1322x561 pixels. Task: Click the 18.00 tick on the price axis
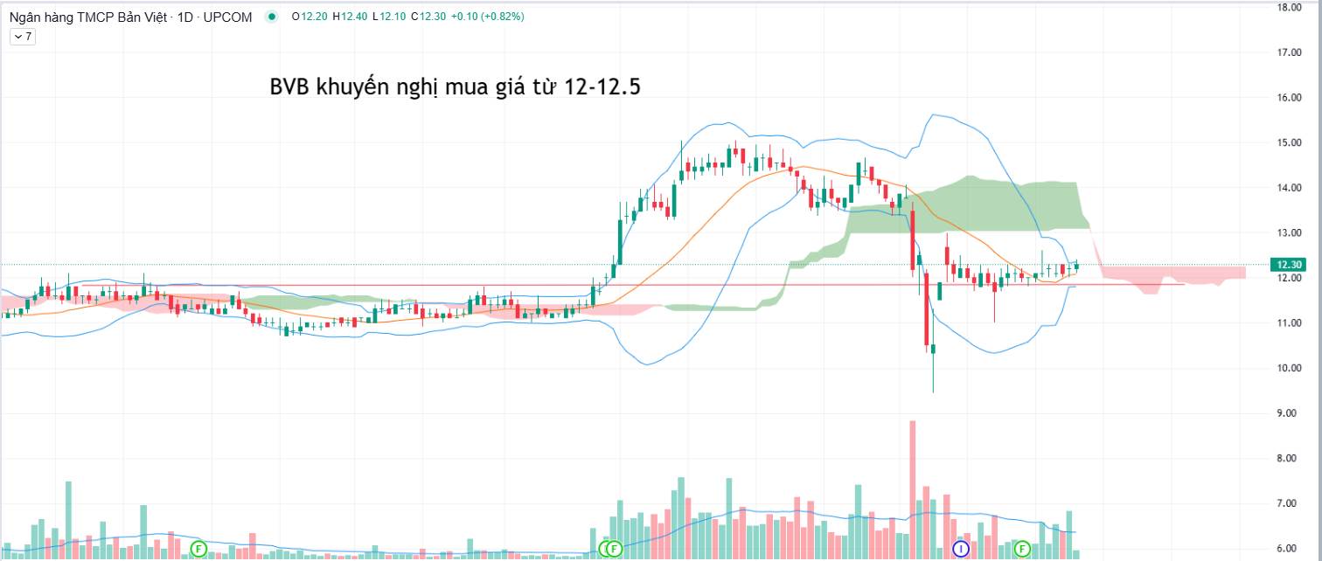click(x=1290, y=7)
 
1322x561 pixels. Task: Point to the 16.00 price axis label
click(x=1290, y=98)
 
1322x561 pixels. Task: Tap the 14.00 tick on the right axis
click(x=1290, y=188)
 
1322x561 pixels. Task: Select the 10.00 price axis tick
click(x=1290, y=368)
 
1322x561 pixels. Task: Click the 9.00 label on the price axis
click(x=1290, y=413)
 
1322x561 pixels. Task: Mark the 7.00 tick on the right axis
click(x=1290, y=503)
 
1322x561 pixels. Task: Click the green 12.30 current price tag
click(x=1290, y=265)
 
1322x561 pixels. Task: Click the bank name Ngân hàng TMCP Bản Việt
click(x=83, y=17)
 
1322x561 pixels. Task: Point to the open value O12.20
click(x=310, y=17)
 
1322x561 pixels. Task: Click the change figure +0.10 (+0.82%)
click(x=487, y=17)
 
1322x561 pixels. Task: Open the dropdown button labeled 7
click(x=22, y=37)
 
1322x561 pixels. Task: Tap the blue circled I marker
click(x=961, y=549)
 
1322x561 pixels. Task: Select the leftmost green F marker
click(x=198, y=549)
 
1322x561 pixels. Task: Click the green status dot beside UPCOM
click(x=271, y=17)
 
